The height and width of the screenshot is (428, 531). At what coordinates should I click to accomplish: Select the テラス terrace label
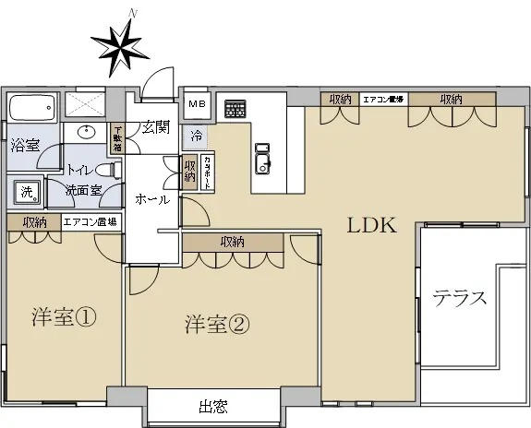pyautogui.click(x=459, y=298)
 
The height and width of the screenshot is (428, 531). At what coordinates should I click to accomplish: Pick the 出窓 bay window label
pyautogui.click(x=212, y=407)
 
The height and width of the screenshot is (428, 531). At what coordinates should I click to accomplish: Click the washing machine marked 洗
pyautogui.click(x=26, y=192)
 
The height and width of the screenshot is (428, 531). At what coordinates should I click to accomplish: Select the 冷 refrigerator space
pyautogui.click(x=197, y=136)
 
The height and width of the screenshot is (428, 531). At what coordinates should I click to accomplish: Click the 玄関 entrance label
pyautogui.click(x=153, y=127)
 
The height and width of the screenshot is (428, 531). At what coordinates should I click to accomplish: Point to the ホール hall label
pyautogui.click(x=151, y=200)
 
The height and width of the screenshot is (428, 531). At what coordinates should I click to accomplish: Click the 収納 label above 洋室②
pyautogui.click(x=232, y=242)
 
